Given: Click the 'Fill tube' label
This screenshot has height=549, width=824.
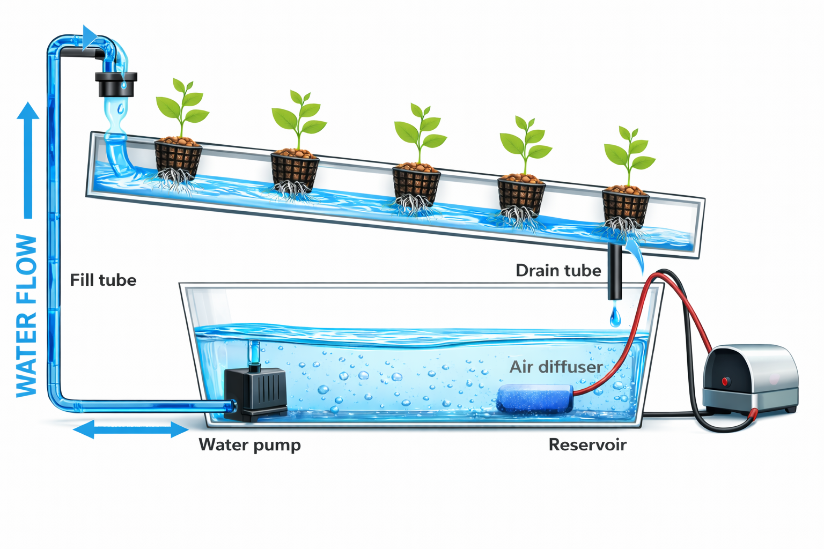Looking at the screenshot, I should pos(103,280).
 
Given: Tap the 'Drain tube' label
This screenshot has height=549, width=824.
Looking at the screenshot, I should pos(558,270).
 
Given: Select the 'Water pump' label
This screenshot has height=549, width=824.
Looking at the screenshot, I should pos(249,444).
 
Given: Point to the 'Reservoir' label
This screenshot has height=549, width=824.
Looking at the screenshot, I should pos(587,444).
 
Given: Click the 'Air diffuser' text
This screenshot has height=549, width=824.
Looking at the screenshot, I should pos(556,367).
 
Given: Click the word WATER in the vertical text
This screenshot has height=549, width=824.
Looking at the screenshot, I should pos(27,354).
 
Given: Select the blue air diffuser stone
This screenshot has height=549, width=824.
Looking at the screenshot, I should pos(534,398).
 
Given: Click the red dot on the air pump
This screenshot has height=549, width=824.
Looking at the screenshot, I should pos(725,381).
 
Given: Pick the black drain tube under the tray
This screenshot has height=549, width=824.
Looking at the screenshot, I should pos(615,273).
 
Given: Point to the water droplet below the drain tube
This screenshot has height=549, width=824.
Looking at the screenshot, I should pos(615,317).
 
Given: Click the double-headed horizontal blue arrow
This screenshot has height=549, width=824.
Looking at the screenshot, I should pos(131,429).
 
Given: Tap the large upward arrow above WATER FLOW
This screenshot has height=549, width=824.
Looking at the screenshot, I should pos(28,161).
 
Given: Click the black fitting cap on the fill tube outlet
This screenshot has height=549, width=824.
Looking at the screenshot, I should pos(116,84).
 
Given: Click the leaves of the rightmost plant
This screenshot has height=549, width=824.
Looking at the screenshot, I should pos(629,151).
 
